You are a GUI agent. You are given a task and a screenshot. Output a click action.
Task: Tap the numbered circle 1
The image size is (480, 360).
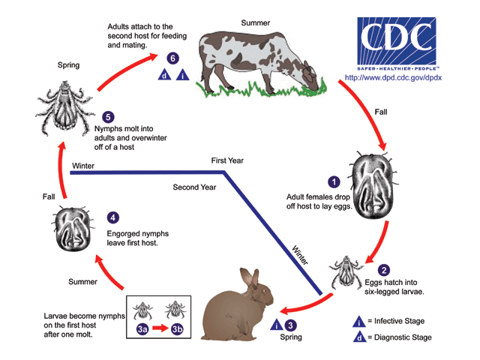coord(334,181)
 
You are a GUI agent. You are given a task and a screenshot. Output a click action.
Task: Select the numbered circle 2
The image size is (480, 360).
coord(384,271)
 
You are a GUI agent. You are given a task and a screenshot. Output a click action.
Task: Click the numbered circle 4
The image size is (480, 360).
coord(113,217)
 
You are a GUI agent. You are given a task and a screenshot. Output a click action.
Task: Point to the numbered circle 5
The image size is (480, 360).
coord(109,118)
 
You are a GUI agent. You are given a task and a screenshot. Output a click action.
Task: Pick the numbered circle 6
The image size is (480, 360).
coord(173,58)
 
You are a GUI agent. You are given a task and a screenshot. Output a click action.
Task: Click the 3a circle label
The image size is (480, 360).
coord(141,328)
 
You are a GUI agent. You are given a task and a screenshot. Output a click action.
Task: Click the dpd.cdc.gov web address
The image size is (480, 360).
coord(393,77)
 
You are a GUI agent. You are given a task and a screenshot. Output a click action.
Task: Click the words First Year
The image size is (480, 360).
coord(227,160)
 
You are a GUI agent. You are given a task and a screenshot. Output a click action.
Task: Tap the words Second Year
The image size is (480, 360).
coord(196,187)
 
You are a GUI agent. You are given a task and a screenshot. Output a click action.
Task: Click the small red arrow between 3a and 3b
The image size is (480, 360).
coord(160,328)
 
